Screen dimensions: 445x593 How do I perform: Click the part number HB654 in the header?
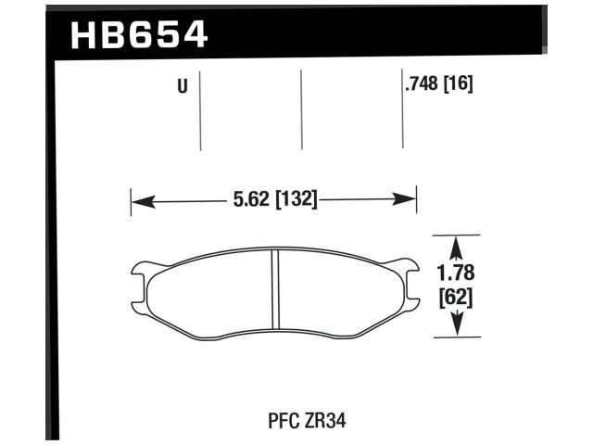coord(139,35)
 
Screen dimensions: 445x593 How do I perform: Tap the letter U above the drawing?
coord(182,87)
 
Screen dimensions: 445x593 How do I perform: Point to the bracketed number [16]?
coord(459,86)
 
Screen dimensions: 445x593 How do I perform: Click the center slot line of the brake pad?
coord(274,289)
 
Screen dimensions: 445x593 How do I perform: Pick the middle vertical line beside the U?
coord(302,109)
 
